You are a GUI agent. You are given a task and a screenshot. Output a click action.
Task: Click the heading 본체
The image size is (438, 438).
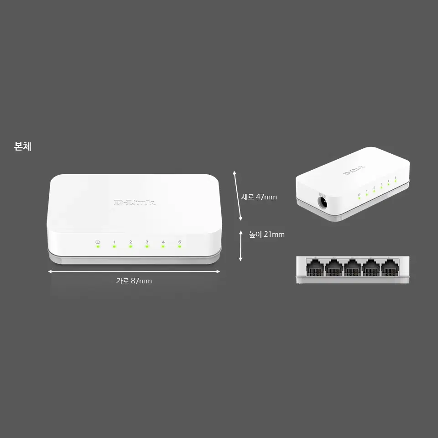tap(23, 146)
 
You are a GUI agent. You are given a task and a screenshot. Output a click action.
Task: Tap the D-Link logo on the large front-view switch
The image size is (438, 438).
tap(134, 203)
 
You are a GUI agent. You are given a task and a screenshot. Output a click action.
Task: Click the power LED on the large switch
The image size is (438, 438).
tap(98, 247)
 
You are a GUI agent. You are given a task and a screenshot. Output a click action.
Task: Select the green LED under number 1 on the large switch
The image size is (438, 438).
tap(114, 247)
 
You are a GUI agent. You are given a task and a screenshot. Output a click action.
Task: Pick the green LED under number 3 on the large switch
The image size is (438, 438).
tap(147, 247)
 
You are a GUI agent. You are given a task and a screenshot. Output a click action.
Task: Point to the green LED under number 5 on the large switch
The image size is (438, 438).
tap(180, 247)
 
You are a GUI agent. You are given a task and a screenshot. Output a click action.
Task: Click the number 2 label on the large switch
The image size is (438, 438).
tap(130, 242)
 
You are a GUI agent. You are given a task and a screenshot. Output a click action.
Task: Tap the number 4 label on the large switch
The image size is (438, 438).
tap(163, 242)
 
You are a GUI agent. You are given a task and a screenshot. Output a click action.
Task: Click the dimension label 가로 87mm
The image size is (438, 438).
tap(134, 281)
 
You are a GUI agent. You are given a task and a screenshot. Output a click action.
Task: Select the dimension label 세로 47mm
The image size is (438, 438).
tap(259, 197)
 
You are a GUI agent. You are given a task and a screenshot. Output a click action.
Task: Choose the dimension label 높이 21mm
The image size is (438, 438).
tap(267, 235)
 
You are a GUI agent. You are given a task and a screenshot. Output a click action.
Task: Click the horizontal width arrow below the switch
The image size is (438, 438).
tap(134, 271)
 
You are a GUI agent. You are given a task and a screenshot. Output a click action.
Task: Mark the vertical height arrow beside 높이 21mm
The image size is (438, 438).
tap(240, 246)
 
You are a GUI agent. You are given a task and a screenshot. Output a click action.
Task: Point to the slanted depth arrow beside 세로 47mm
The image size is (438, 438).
tap(238, 196)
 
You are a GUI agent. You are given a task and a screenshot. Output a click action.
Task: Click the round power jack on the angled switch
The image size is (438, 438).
tap(323, 202)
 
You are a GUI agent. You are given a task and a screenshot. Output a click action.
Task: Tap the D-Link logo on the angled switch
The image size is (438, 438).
tap(354, 170)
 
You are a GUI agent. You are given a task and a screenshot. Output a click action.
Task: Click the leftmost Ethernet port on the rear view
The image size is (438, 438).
tap(315, 268)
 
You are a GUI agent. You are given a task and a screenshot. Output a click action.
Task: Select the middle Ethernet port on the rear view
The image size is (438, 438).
tap(352, 268)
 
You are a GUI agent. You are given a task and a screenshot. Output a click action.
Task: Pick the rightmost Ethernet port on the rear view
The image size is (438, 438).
tap(390, 268)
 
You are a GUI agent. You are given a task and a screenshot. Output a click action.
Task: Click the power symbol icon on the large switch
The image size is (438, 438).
tap(98, 242)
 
